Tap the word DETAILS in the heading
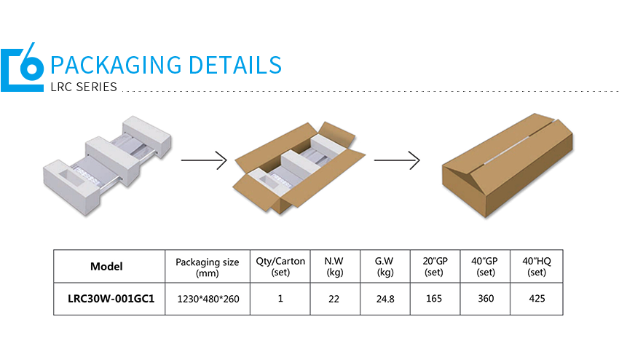pos(234,65)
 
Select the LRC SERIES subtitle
pos(84,87)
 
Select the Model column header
pos(106,267)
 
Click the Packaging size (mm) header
pos(208,267)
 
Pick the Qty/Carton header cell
pos(280,267)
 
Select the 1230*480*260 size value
pos(208,299)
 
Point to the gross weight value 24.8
pos(385,299)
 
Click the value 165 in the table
pos(434,299)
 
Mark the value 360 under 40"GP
pos(486,299)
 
